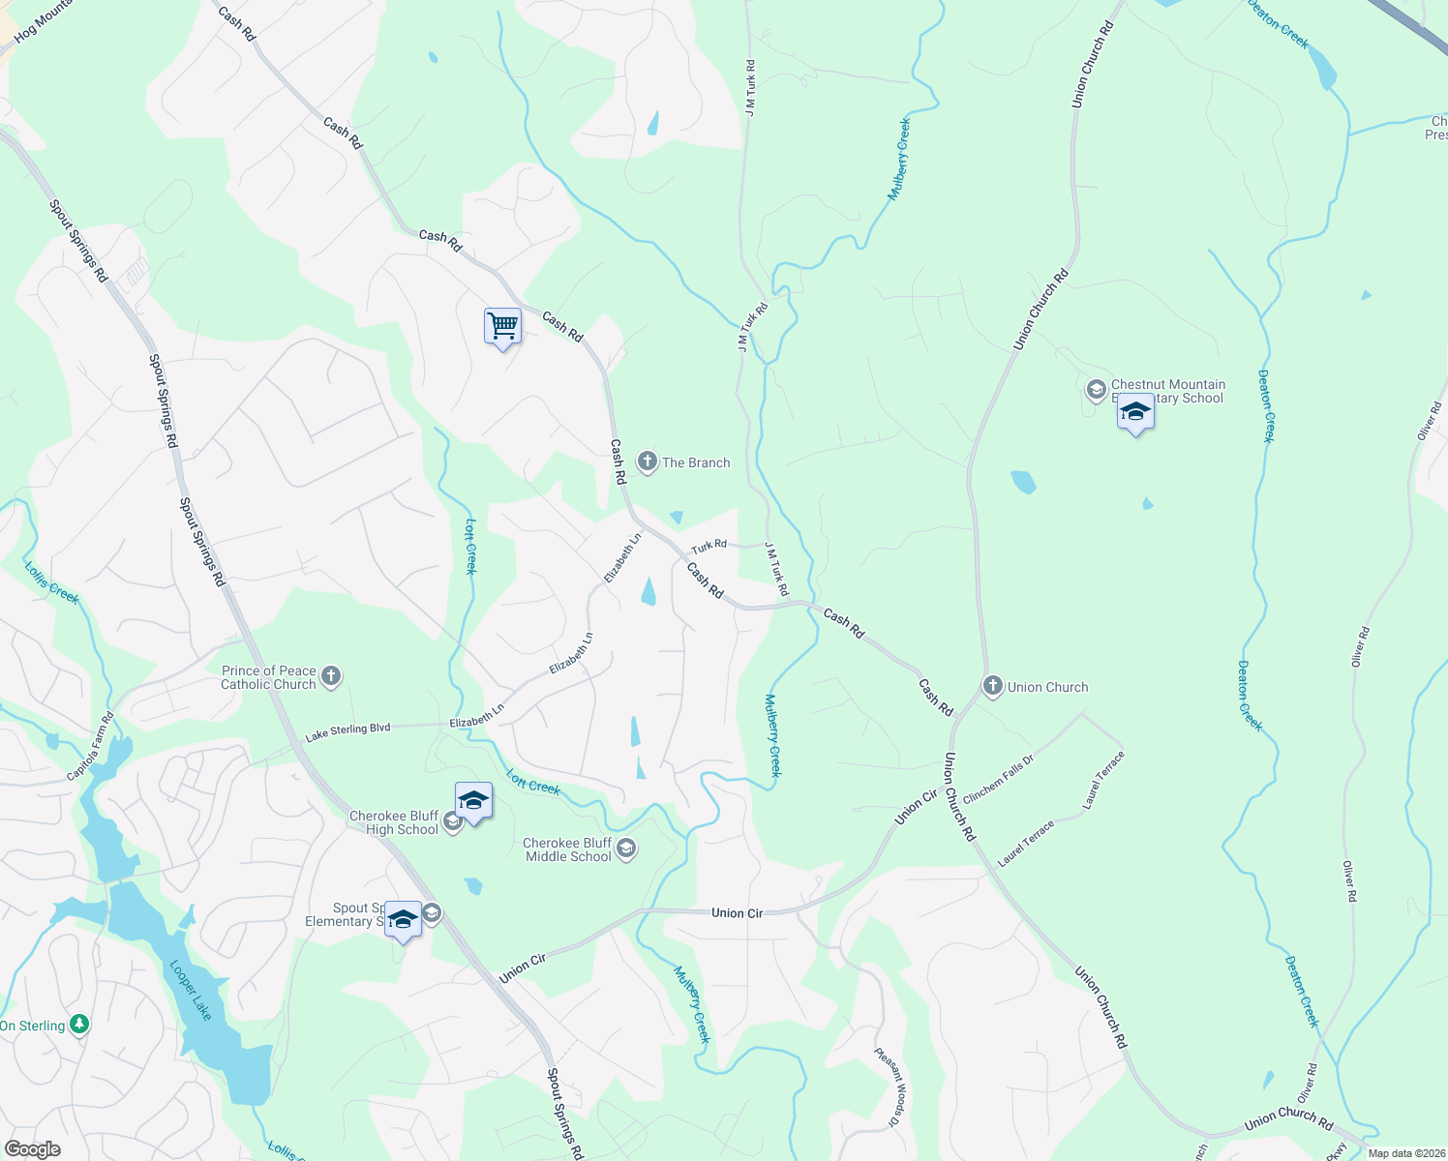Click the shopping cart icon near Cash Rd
coord(502,327)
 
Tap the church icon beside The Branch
coord(647,462)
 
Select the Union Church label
coord(1047,687)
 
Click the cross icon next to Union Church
coord(992,687)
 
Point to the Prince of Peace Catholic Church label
coord(269,677)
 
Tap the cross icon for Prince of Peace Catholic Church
coord(331,676)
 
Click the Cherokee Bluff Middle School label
coord(568,849)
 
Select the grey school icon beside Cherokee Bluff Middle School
coord(626,849)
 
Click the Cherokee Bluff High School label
coord(394,822)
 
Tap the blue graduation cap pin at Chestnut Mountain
coord(1134,413)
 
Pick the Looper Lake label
coord(191,989)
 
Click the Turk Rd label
coord(709,548)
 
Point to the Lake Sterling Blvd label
coord(347,730)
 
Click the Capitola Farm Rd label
coord(90,747)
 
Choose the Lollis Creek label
coord(51,582)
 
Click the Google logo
coord(32,1149)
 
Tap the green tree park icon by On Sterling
coord(79,1025)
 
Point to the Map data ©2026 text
coord(1405,1153)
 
